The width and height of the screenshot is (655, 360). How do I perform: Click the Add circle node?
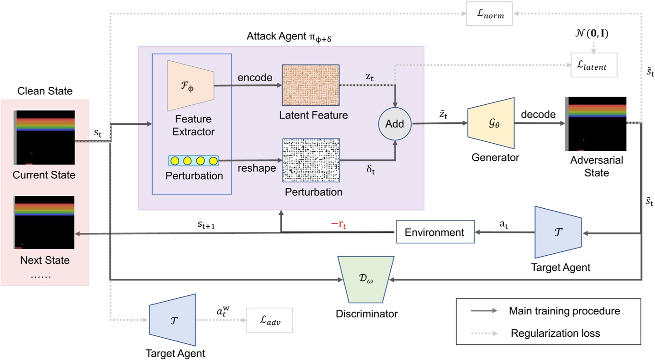(x=395, y=124)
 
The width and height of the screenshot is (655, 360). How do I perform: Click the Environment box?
(x=434, y=232)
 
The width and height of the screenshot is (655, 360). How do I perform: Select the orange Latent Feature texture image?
(x=311, y=85)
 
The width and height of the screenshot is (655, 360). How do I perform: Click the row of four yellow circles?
(x=194, y=160)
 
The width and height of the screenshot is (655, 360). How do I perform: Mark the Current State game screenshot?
(x=44, y=137)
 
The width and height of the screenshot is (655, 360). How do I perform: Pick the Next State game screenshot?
(x=44, y=222)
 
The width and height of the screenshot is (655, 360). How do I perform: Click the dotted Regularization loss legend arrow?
(x=483, y=333)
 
